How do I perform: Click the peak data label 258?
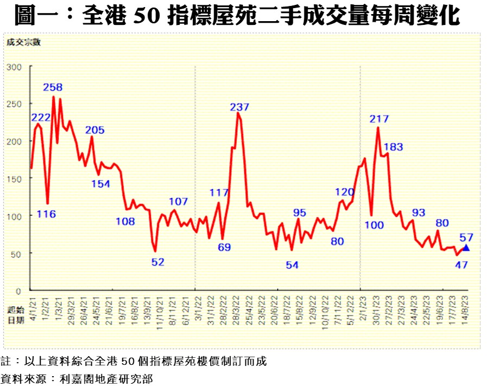point(53,87)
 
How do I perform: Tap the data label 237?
point(239,107)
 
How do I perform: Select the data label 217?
point(380,119)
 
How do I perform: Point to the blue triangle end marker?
point(465,247)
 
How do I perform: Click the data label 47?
point(462,265)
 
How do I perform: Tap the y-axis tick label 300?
point(14,67)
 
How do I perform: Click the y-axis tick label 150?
point(14,178)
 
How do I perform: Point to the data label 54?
point(292,265)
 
